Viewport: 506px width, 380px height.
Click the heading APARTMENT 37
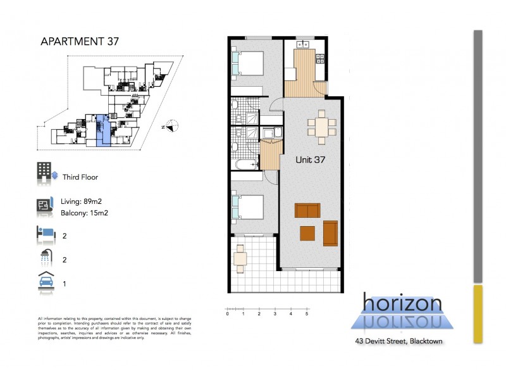[x=79, y=42]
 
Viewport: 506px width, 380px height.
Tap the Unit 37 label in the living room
[x=311, y=160]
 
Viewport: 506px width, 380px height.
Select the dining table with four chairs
[x=322, y=126]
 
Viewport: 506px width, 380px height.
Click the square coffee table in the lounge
[x=308, y=232]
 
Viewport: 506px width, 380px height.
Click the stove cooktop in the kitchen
[x=320, y=61]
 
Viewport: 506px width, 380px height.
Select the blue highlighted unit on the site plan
[x=102, y=131]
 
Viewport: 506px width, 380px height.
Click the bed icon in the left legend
[x=46, y=235]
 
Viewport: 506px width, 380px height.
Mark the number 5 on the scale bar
[x=307, y=314]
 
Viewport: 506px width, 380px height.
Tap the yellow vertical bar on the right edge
[x=478, y=313]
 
